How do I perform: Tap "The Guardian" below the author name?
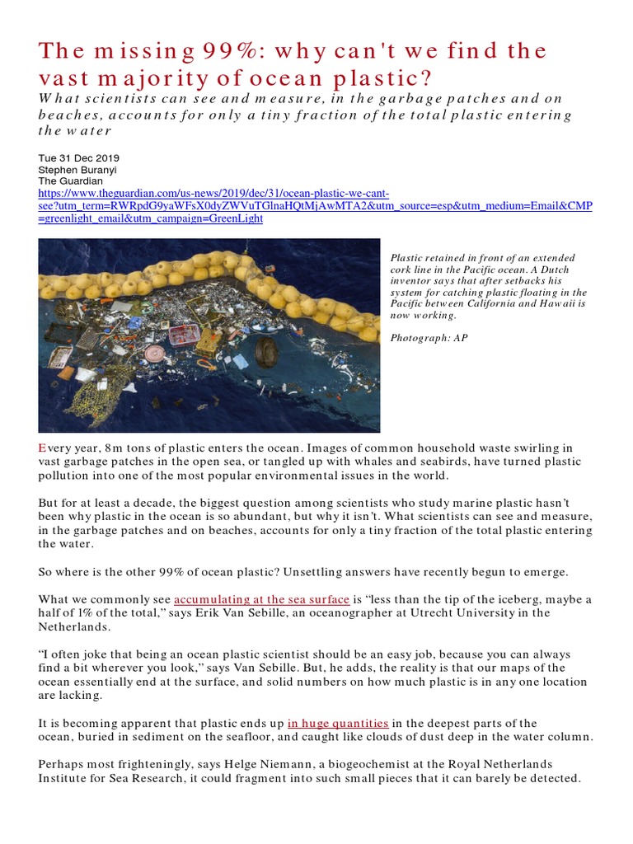click(70, 180)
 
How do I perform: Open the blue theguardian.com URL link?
click(313, 204)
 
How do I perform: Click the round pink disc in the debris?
click(156, 354)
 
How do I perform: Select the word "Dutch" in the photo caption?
click(553, 270)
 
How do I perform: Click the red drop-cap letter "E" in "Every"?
click(42, 447)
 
